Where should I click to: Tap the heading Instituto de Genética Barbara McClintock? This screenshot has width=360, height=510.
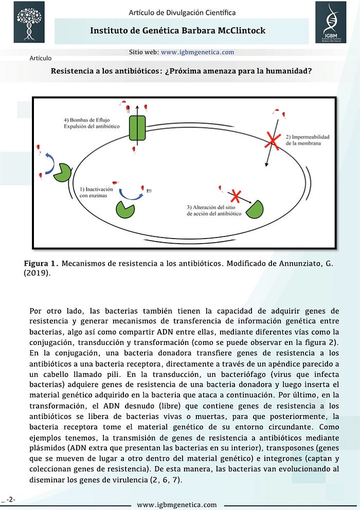(177, 31)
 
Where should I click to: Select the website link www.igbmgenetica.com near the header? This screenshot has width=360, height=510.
(197, 52)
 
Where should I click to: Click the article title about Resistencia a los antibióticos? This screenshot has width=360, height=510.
(181, 71)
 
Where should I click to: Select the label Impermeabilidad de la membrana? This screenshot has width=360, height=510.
(307, 140)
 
